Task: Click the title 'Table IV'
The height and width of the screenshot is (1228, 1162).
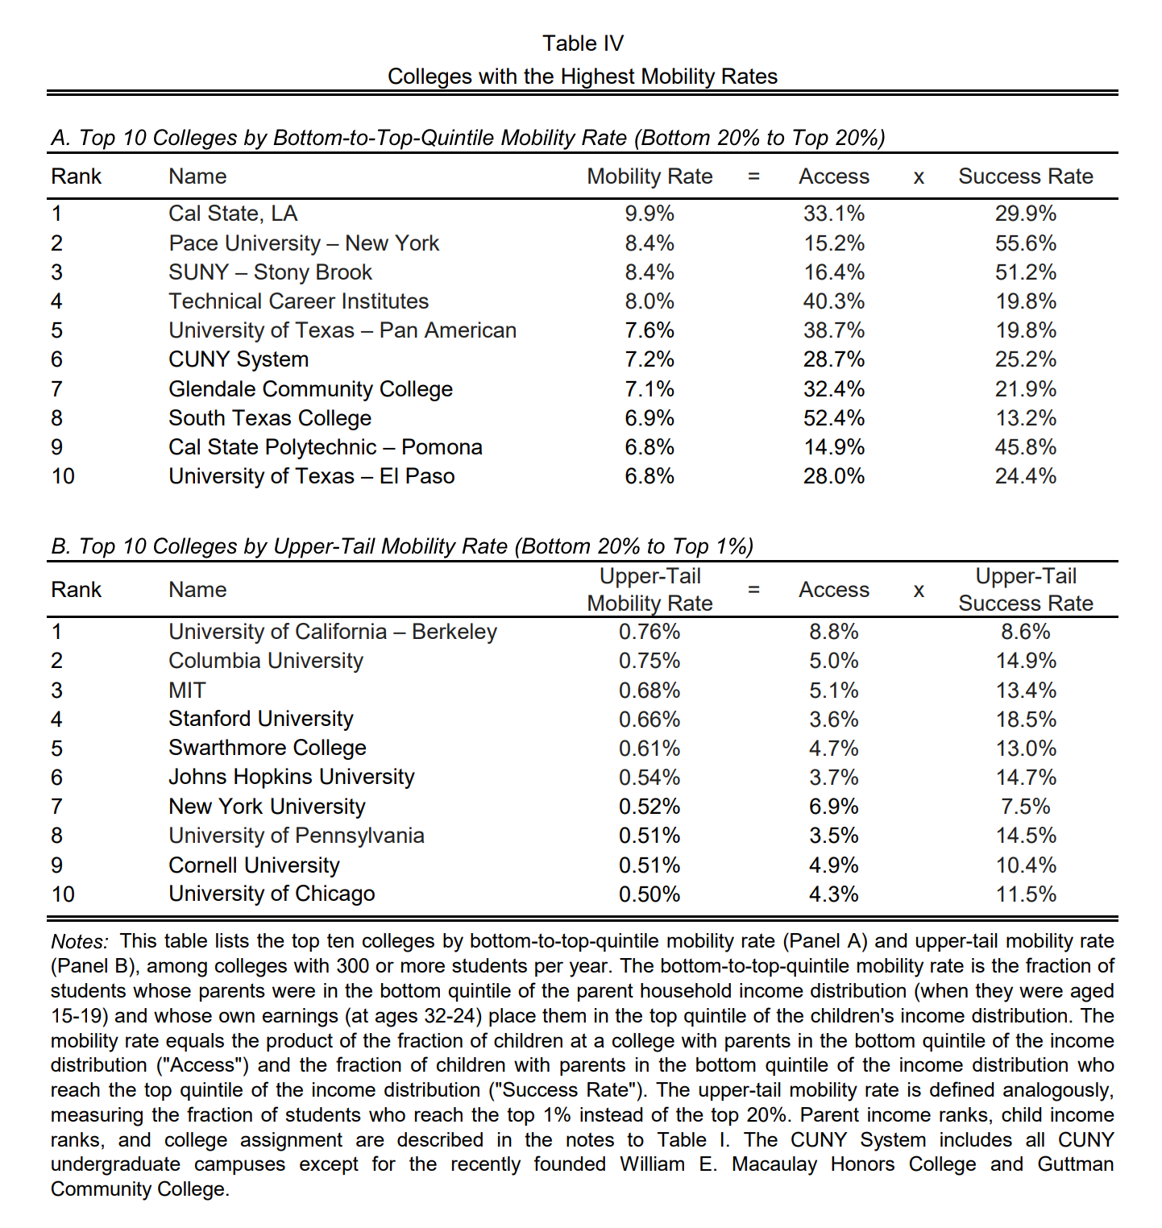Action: [583, 44]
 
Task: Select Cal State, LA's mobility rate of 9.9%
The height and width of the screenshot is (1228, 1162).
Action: [649, 214]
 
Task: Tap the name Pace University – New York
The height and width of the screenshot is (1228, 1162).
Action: [304, 243]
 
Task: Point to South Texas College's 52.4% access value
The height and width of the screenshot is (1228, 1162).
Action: [834, 418]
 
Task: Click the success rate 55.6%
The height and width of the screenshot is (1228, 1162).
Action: [1025, 243]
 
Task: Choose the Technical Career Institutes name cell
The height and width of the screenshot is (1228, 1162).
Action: [298, 301]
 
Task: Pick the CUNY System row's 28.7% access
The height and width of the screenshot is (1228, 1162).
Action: [834, 359]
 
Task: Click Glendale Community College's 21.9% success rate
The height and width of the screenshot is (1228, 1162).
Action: [1025, 389]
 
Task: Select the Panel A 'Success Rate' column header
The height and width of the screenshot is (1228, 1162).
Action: [1025, 176]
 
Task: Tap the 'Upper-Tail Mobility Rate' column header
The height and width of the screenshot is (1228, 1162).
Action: [649, 590]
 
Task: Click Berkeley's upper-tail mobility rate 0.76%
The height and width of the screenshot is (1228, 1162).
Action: [649, 632]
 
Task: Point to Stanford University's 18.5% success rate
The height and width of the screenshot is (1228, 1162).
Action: [1025, 720]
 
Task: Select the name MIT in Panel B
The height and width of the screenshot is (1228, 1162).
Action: [187, 691]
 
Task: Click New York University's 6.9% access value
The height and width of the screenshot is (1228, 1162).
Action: [834, 807]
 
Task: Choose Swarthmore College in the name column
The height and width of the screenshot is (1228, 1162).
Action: [267, 749]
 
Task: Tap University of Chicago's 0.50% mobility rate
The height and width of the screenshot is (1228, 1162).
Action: [649, 894]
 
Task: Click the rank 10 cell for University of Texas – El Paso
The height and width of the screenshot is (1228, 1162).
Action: [63, 476]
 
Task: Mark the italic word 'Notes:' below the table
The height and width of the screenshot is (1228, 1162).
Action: [80, 942]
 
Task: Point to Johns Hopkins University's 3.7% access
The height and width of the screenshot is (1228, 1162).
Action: [834, 778]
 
